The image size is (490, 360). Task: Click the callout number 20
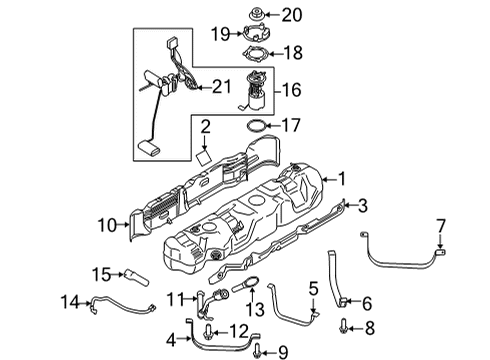pyautogui.click(x=291, y=14)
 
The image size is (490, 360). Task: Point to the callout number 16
pyautogui.click(x=292, y=90)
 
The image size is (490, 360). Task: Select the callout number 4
pyautogui.click(x=170, y=338)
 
